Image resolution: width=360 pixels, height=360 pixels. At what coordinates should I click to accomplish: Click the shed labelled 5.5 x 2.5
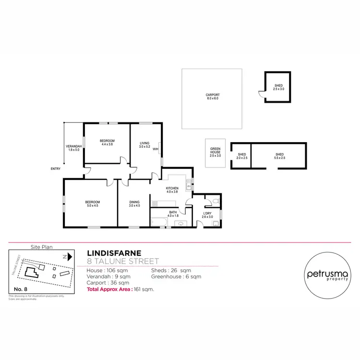coord(279,156)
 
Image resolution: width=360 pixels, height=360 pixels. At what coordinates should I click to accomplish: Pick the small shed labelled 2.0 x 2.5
coord(241,156)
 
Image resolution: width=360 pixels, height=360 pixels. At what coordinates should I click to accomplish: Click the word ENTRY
coord(55,168)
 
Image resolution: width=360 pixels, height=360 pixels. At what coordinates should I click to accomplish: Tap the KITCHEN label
coord(172,188)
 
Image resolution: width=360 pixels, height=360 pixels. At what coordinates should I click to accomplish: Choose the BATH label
coord(173,213)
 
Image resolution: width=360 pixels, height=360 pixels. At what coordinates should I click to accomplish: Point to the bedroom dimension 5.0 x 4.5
coord(93,205)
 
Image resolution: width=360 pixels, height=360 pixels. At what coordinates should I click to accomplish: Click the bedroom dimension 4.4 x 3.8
coord(107,144)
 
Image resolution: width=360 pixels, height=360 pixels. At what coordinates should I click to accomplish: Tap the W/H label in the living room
coord(156,149)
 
